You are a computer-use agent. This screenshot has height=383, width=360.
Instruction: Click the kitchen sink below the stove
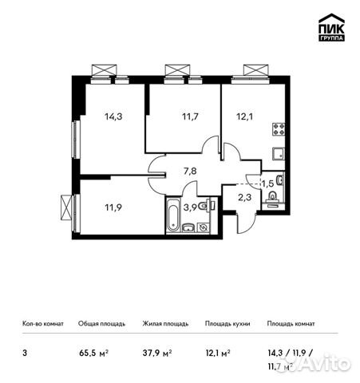pyautogui.click(x=280, y=152)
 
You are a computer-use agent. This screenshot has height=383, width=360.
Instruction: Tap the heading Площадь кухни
pyautogui.click(x=227, y=324)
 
